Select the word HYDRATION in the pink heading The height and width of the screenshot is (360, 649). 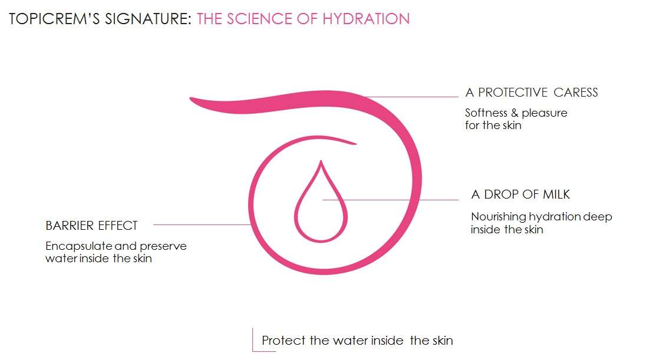coord(366,19)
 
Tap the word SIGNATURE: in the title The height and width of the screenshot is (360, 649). coord(148,19)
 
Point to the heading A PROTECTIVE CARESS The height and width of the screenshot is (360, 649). coord(532,93)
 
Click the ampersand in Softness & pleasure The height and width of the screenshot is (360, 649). coord(515,113)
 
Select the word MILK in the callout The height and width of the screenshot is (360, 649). coord(556,194)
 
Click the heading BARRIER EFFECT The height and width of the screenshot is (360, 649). coord(91,226)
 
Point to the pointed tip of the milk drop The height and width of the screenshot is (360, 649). coord(321,161)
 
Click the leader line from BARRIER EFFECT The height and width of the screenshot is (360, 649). coord(202,224)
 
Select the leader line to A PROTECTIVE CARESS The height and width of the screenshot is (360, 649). coord(411,97)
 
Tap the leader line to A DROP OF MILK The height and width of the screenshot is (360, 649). coord(390,200)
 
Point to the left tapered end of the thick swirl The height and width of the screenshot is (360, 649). coord(191,98)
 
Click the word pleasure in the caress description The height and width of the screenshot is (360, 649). coord(544,113)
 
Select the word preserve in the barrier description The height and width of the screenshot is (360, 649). coord(163,247)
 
